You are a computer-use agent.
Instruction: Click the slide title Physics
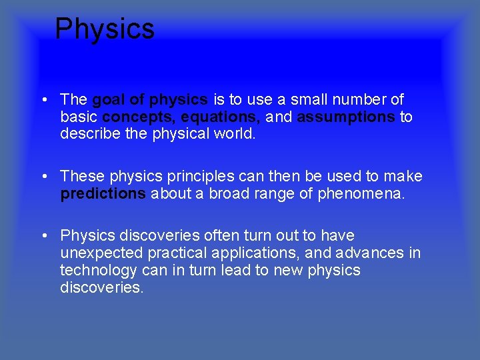point(105,29)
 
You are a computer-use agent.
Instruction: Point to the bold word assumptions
point(346,117)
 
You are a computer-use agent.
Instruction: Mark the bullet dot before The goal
point(43,101)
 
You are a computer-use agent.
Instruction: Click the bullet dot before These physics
point(43,177)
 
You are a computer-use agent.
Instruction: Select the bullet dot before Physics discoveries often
point(43,236)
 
